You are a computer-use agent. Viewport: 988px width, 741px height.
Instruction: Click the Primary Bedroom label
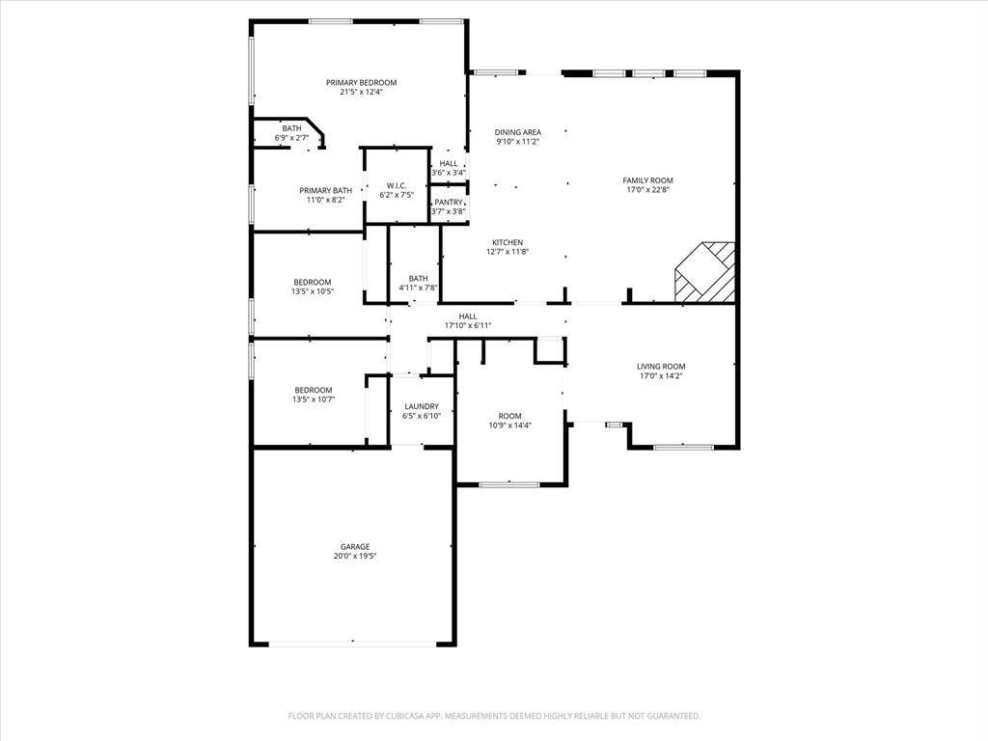pos(361,83)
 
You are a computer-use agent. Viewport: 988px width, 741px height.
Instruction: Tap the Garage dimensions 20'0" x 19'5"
pos(355,557)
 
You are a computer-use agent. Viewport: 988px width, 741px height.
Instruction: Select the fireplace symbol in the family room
pos(705,272)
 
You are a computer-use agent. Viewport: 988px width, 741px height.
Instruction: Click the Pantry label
pos(448,202)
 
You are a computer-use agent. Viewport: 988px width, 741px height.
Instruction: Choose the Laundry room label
pos(422,406)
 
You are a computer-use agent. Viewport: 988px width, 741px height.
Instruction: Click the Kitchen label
pos(508,242)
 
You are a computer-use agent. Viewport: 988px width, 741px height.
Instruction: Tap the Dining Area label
pos(518,132)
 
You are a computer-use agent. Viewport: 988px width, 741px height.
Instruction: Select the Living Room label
pos(661,366)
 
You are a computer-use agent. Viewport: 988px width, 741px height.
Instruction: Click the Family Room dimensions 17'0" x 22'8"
pos(647,190)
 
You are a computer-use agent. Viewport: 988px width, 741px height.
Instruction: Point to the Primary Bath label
pos(325,190)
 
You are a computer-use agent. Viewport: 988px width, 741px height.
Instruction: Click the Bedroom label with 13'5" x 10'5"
pos(313,282)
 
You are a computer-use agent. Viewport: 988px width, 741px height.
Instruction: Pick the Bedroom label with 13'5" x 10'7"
pos(313,390)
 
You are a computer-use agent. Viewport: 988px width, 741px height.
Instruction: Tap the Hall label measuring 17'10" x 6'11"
pos(468,316)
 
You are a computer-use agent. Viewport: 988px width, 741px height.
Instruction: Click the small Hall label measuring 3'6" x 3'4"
pos(449,163)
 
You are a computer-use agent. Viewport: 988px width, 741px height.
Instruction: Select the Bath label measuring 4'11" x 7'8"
pos(419,278)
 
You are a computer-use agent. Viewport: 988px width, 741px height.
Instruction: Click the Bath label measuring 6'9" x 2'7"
pos(291,128)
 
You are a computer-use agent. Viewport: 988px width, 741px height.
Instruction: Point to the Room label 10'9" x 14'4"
pos(509,416)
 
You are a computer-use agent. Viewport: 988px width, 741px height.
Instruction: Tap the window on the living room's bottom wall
pos(683,447)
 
